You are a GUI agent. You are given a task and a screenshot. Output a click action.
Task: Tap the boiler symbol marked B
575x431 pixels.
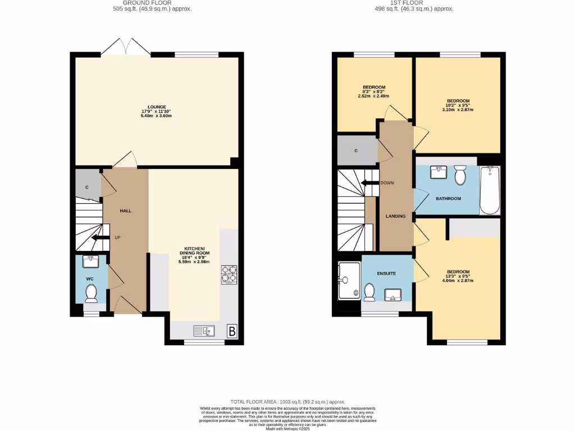pos(231,331)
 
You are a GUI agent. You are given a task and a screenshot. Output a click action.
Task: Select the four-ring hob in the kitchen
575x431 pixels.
pos(229,275)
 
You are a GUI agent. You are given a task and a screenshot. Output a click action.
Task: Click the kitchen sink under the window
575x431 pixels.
pos(205,331)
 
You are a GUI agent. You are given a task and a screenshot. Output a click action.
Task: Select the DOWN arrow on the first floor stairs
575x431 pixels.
pos(369,182)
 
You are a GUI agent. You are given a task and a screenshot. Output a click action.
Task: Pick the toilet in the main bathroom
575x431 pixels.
pos(460,175)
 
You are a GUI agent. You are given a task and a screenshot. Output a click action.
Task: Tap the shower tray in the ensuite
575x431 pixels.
pos(349,279)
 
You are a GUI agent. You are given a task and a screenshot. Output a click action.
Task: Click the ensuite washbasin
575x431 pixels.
pos(393,294)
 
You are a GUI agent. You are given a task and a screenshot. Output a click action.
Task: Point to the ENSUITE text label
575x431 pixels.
pos(386,273)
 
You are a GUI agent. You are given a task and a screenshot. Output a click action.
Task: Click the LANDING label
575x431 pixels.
pos(395,216)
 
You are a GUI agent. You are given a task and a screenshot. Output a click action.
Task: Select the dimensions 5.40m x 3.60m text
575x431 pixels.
pos(156,116)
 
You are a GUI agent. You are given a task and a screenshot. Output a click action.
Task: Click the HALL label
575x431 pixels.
pos(125,210)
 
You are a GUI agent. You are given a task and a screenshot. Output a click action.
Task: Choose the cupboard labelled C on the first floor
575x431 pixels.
pos(356,150)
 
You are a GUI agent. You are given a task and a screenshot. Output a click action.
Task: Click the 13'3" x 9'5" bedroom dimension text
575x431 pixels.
pos(458,276)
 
